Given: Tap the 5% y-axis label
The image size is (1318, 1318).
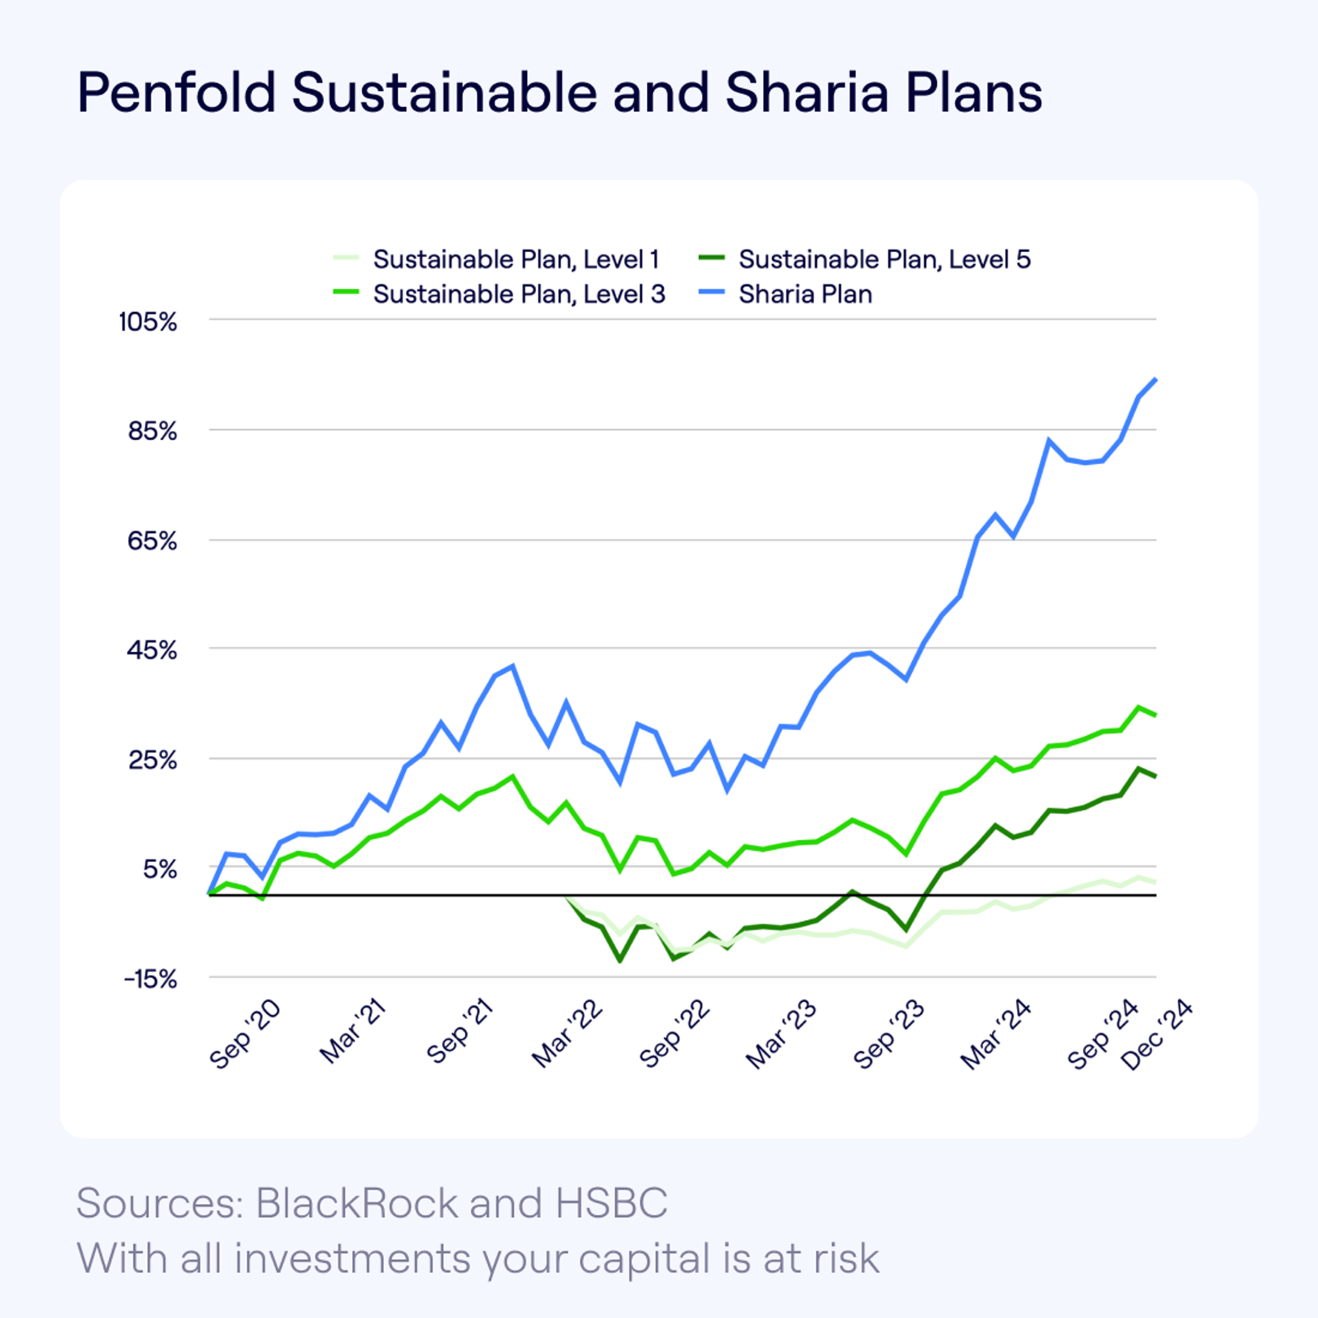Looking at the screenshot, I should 160,869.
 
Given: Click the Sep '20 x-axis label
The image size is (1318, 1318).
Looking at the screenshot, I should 244,1035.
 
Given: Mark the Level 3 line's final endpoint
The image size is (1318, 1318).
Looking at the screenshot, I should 1156,715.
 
